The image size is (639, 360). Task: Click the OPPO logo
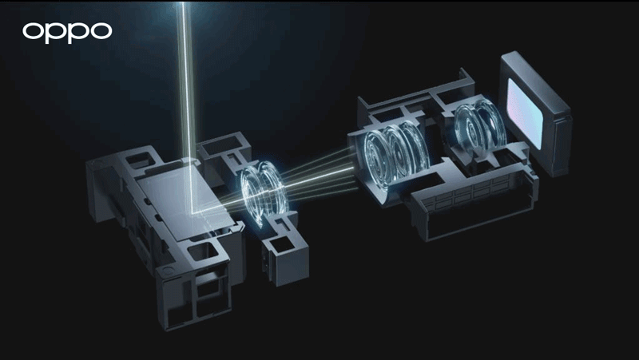(x=67, y=32)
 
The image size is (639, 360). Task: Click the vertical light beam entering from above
(x=185, y=80)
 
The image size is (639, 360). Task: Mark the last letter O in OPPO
(x=100, y=32)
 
